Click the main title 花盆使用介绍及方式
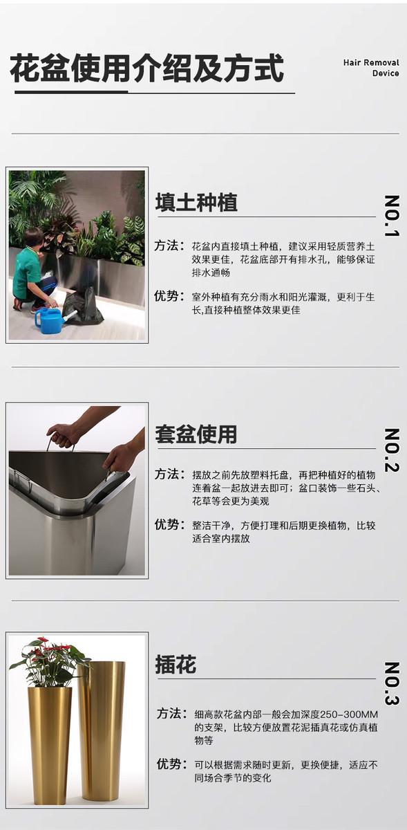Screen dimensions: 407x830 [x=147, y=68]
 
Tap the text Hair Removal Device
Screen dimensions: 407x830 [x=371, y=68]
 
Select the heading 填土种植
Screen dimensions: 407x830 [x=196, y=202]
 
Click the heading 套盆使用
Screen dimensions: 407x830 [x=196, y=434]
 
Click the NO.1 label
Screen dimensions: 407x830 [x=392, y=216]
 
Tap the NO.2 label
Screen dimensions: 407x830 [x=392, y=450]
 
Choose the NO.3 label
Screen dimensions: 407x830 [x=392, y=684]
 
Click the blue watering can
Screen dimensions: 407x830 [x=52, y=320]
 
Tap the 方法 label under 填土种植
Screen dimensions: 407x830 [x=169, y=246]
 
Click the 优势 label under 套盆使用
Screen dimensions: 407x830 [x=169, y=525]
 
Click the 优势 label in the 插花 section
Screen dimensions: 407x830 [x=171, y=764]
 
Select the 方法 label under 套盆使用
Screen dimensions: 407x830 [x=169, y=474]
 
